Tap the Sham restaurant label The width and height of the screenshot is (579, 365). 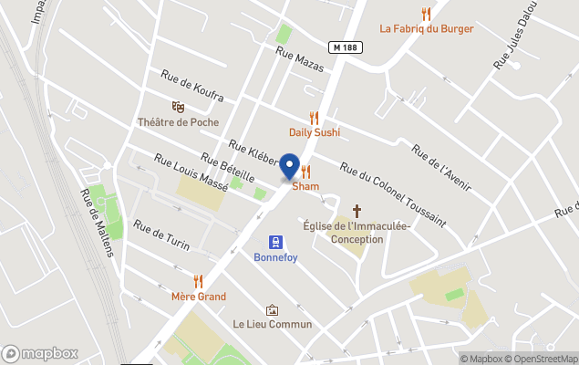click(x=305, y=186)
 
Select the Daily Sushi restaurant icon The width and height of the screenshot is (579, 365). click(x=315, y=118)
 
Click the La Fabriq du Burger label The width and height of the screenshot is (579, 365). click(x=427, y=28)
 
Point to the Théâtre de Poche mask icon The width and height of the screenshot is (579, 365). click(x=178, y=107)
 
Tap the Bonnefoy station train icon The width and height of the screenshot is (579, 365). click(x=274, y=242)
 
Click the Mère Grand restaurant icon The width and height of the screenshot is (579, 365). click(x=198, y=281)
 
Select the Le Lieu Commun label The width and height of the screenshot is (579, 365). click(x=272, y=324)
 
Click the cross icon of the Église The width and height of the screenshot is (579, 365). click(x=357, y=211)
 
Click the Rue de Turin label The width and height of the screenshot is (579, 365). click(x=161, y=236)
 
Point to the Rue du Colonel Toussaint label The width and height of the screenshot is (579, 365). click(x=392, y=193)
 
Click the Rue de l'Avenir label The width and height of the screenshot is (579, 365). click(x=441, y=167)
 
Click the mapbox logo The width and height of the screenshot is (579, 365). click(x=40, y=353)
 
